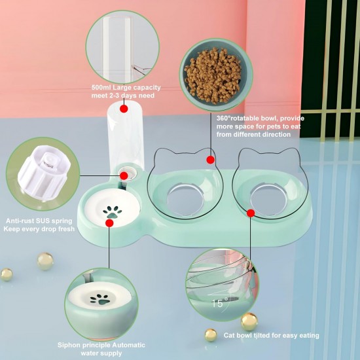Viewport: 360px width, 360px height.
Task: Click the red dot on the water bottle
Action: point(124,109)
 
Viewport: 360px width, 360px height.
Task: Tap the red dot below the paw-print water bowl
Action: point(109,223)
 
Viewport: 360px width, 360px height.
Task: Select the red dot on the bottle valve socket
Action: point(124,176)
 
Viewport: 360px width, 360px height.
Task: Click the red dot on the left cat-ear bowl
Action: point(211,160)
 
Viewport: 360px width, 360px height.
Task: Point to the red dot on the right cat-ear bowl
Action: point(251,213)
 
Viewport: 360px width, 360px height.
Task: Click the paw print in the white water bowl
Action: point(113,212)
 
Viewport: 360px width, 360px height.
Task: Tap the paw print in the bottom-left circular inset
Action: point(100,299)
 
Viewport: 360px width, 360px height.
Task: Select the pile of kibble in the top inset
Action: point(213,75)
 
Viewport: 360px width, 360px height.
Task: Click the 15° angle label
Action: point(220,303)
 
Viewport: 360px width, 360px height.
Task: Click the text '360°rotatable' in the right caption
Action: point(238,118)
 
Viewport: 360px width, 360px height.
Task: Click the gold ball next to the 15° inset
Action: point(249,321)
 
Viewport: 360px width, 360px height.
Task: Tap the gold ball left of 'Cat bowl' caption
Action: point(211,335)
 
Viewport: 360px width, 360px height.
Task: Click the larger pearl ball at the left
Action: point(45,261)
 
